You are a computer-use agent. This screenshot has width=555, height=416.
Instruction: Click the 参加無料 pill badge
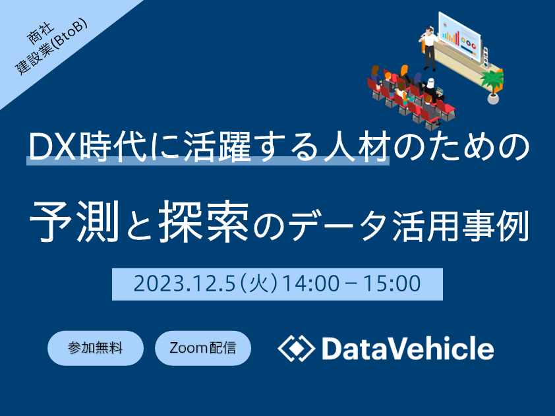click(x=96, y=348)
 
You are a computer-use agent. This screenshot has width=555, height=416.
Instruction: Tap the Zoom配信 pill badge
click(x=203, y=348)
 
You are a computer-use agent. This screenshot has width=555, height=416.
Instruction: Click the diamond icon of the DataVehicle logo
click(x=296, y=348)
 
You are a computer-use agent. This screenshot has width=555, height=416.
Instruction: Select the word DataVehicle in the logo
click(x=408, y=348)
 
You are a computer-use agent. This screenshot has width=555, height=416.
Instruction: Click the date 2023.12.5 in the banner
click(x=185, y=284)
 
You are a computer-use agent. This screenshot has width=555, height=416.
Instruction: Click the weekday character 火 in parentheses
click(x=260, y=284)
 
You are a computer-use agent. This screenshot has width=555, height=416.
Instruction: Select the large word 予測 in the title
click(x=73, y=221)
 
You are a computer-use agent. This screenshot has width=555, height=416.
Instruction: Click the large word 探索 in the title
click(x=204, y=221)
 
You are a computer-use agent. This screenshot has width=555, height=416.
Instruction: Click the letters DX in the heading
click(x=52, y=147)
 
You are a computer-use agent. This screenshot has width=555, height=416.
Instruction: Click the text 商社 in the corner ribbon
click(x=41, y=34)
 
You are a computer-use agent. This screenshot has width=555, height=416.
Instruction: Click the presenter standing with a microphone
click(x=428, y=49)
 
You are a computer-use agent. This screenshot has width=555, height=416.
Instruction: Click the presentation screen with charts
click(x=459, y=37)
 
